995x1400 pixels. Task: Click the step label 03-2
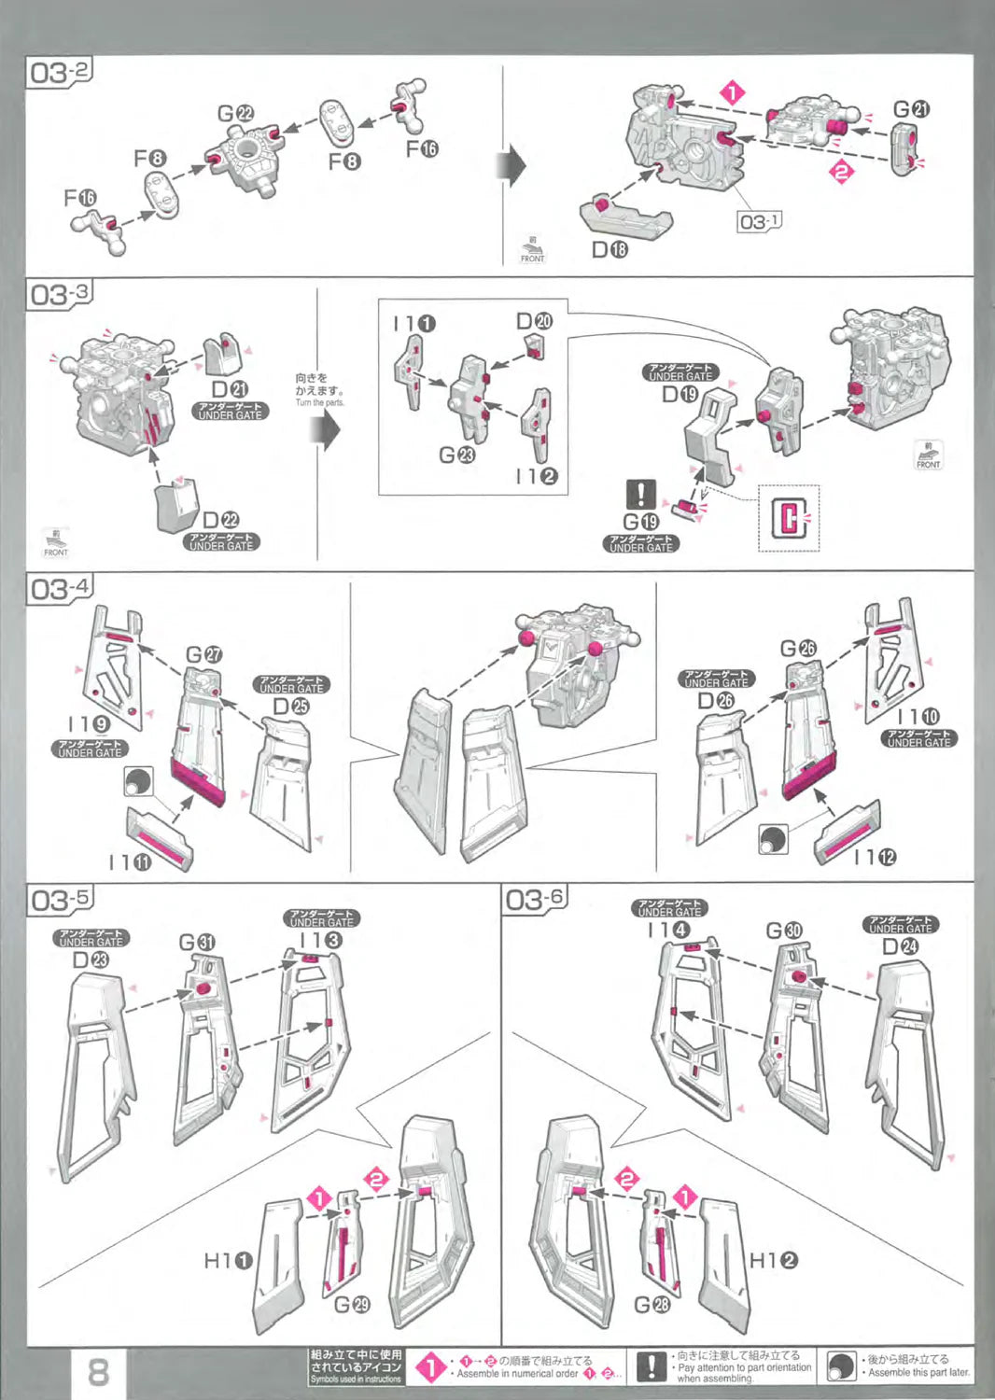pos(61,72)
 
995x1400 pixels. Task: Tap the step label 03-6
pos(535,900)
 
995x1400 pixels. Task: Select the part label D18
pos(610,249)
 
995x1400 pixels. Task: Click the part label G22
pos(235,113)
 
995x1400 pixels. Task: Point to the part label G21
pos(911,109)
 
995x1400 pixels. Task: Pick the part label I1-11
pos(130,862)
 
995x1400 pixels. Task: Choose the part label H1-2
pos(774,1260)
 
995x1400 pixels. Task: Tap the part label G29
pos(352,1303)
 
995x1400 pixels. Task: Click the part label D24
pos(900,946)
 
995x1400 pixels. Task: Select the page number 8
pos(98,1372)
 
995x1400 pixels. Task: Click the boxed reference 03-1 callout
pos(760,221)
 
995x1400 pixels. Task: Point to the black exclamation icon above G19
pos(641,494)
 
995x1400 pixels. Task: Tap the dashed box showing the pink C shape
pos(789,518)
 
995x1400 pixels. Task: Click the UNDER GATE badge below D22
pos(221,542)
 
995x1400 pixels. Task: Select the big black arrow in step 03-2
pos(514,166)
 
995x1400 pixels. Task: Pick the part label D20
pos(534,321)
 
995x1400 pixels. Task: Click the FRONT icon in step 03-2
pos(532,250)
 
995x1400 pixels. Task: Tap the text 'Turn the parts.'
pos(319,403)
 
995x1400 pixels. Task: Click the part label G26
pos(798,649)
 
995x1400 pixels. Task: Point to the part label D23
pos(91,959)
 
